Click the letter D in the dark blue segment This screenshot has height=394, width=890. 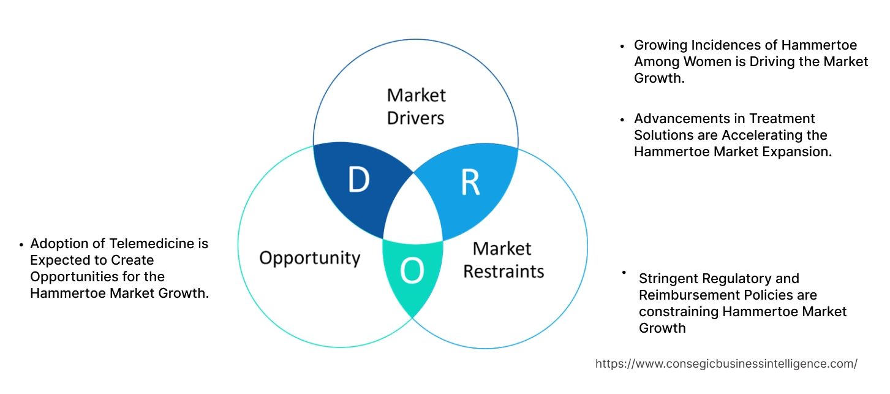click(358, 180)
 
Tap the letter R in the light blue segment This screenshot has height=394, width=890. click(470, 183)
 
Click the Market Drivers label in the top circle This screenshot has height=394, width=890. click(417, 106)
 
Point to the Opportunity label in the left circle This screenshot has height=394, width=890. click(309, 257)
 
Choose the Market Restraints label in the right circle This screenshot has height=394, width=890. click(503, 260)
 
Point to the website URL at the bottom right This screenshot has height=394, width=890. click(726, 364)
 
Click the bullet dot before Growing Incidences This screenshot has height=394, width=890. click(622, 46)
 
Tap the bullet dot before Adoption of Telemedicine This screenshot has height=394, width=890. click(21, 244)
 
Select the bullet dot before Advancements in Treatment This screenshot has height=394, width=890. click(622, 119)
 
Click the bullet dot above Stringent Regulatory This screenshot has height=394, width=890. click(624, 271)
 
